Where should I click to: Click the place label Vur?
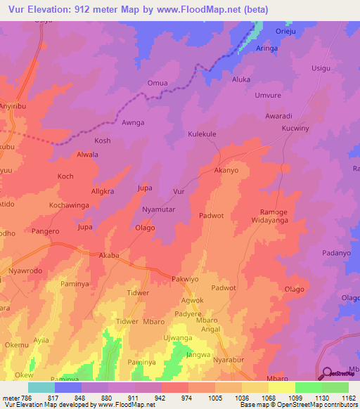(179, 191)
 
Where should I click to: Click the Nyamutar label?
(159, 210)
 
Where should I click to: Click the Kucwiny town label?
(295, 129)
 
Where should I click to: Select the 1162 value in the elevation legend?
(348, 397)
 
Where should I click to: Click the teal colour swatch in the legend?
(41, 387)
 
